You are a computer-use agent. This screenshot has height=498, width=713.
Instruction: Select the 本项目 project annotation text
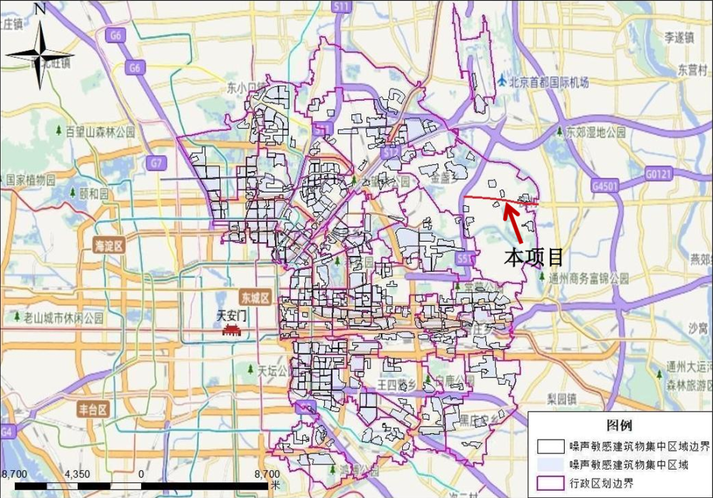tap(534, 257)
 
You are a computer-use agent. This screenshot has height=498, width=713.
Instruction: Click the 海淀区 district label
tap(108, 246)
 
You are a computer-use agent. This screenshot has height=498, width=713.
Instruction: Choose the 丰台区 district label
tap(93, 410)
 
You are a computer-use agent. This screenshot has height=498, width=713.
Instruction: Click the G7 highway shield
tap(155, 163)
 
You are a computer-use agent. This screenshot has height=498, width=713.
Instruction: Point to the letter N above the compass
tap(40, 9)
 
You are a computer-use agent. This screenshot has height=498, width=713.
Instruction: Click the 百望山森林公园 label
tap(100, 132)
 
